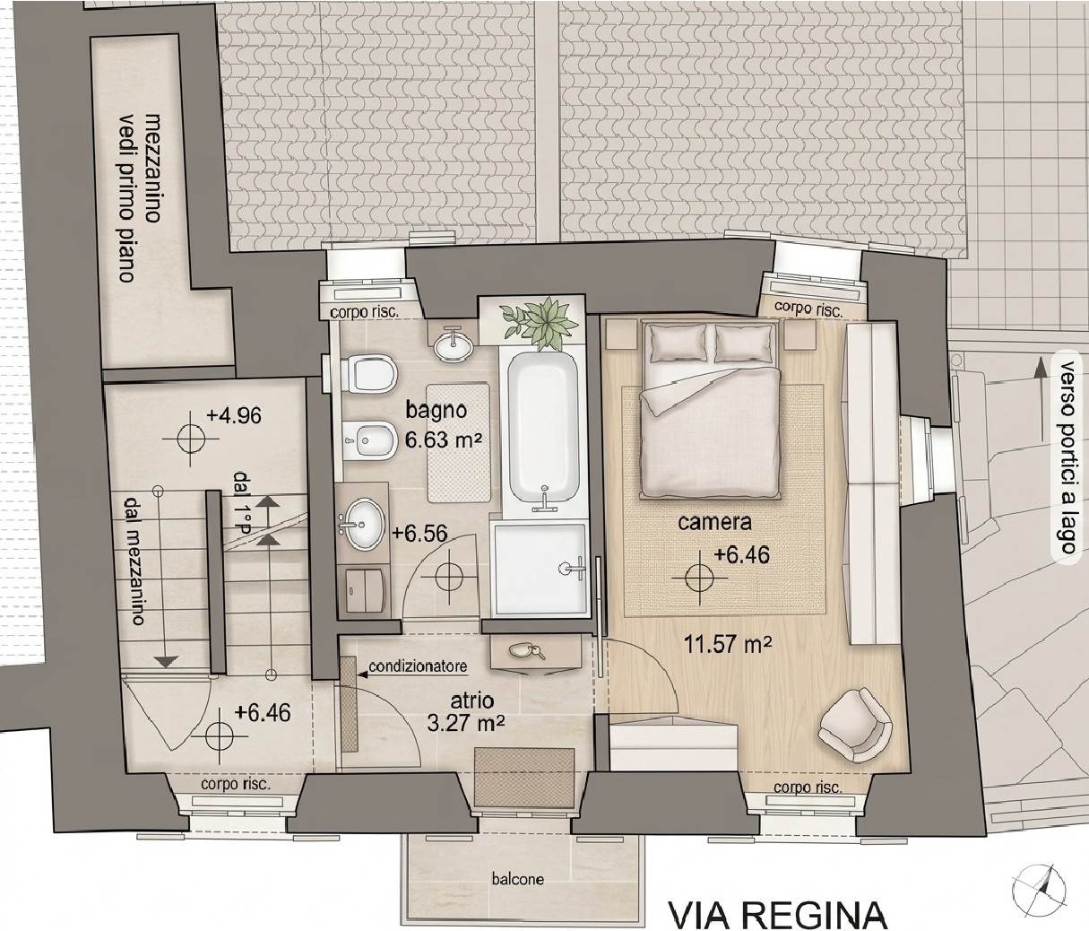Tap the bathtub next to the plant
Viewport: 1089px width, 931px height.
(542, 428)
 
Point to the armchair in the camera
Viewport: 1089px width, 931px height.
(854, 725)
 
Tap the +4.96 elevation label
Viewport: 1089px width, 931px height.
(233, 415)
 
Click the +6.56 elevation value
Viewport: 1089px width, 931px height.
(419, 533)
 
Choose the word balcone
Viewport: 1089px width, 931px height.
(517, 879)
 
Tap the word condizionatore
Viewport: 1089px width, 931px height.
(418, 666)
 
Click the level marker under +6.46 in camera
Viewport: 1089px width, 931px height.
(700, 578)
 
